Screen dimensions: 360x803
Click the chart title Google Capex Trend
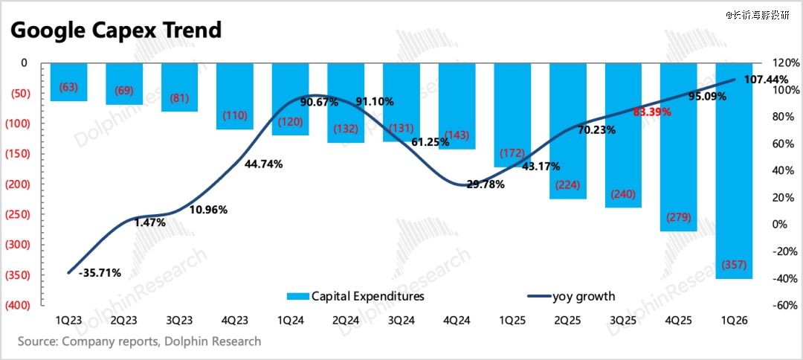click(116, 30)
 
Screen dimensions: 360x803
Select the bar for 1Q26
click(734, 171)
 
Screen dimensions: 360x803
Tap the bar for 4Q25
click(678, 149)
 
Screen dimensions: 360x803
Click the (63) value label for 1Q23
click(68, 88)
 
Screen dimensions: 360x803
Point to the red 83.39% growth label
click(652, 112)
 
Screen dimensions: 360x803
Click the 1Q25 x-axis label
click(512, 321)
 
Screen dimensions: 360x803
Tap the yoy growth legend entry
click(571, 296)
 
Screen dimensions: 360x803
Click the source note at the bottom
click(140, 341)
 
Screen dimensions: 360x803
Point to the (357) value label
click(734, 266)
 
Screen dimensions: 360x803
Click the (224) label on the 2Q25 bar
click(567, 185)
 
